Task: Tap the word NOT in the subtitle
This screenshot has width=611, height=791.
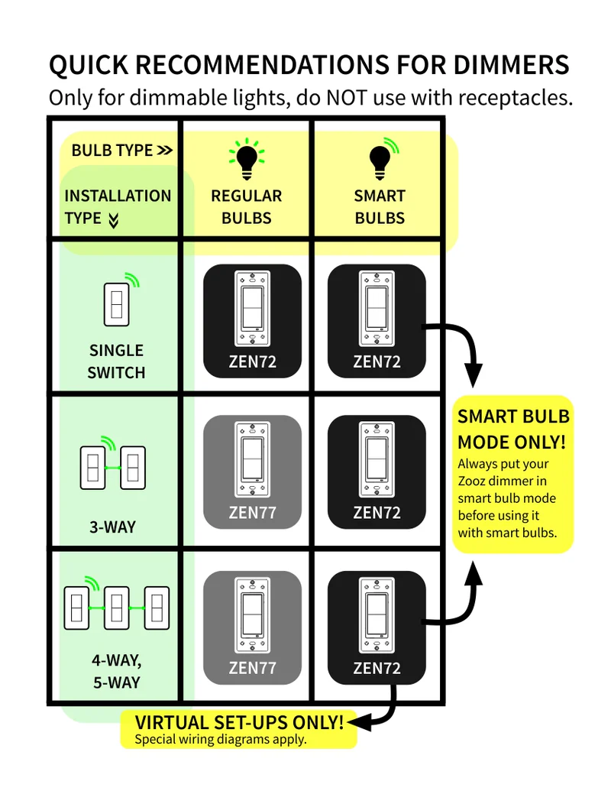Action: tap(351, 98)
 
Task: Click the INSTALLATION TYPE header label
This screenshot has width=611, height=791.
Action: tap(118, 206)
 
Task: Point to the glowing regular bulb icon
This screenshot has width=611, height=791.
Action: tap(246, 157)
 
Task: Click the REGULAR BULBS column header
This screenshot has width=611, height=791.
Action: tap(247, 206)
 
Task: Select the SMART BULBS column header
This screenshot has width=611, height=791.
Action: tap(380, 206)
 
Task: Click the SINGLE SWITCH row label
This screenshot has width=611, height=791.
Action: tap(116, 361)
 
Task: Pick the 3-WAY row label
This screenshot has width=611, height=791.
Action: tap(112, 527)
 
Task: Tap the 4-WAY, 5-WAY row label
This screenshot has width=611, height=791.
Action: tap(117, 671)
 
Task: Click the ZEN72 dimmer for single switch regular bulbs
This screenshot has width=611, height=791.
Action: tap(252, 320)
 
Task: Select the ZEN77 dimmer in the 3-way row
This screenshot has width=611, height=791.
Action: tap(252, 472)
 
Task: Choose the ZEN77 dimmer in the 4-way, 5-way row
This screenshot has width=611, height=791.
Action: tap(252, 627)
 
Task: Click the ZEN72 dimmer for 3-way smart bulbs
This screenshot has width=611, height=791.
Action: tap(377, 472)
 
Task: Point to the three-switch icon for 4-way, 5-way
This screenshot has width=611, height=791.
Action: tap(116, 607)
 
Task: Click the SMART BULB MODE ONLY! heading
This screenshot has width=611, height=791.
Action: tap(513, 429)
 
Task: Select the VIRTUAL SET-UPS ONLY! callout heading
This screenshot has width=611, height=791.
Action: tap(239, 722)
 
